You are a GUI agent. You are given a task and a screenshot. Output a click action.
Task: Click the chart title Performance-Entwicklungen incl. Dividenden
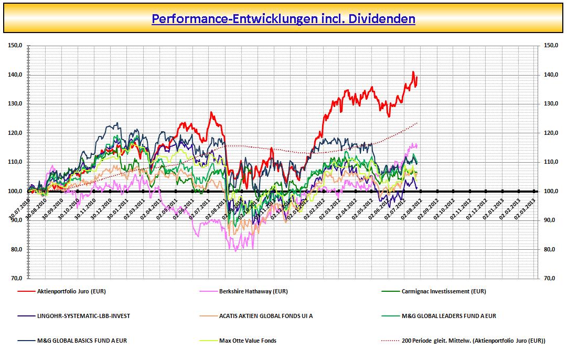click(x=283, y=19)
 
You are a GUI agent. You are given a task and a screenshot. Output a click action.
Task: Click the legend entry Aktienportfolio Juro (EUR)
click(x=71, y=291)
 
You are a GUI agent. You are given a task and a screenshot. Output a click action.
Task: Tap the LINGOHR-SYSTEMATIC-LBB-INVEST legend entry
click(x=83, y=316)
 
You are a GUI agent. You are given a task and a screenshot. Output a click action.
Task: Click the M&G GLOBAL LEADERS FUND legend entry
click(x=448, y=316)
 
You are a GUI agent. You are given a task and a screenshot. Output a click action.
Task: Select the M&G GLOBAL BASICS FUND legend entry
click(x=82, y=341)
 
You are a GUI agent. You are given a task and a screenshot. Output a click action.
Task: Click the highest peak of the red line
click(x=413, y=72)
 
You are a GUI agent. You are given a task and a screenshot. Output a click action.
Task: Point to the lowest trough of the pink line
click(x=236, y=251)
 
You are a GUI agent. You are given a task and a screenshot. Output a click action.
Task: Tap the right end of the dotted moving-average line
click(x=418, y=123)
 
